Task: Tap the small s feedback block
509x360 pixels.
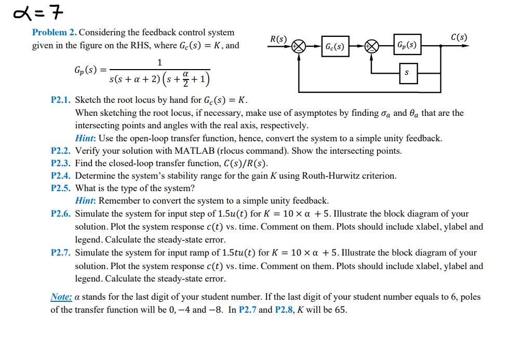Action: tap(407, 73)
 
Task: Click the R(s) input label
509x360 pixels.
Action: tap(278, 39)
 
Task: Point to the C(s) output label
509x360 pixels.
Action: tap(459, 37)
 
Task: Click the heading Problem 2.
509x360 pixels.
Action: tap(54, 32)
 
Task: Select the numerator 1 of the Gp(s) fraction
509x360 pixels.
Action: tap(159, 62)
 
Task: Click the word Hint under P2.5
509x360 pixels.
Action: tap(85, 201)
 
